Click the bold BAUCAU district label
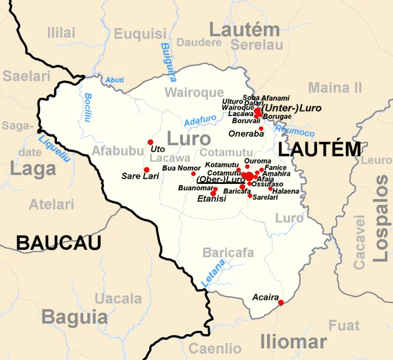pyautogui.click(x=58, y=242)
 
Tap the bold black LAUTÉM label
pyautogui.click(x=320, y=149)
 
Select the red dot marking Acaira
pyautogui.click(x=281, y=302)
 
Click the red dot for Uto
pyautogui.click(x=150, y=142)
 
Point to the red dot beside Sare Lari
pyautogui.click(x=146, y=170)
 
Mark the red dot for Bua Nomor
pyautogui.click(x=193, y=173)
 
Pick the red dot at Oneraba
pyautogui.click(x=261, y=129)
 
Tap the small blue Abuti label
pyautogui.click(x=114, y=80)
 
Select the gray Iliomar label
pyautogui.click(x=293, y=341)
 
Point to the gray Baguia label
pyautogui.click(x=74, y=317)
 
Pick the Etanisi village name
pyautogui.click(x=211, y=199)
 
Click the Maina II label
pyautogui.click(x=335, y=87)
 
